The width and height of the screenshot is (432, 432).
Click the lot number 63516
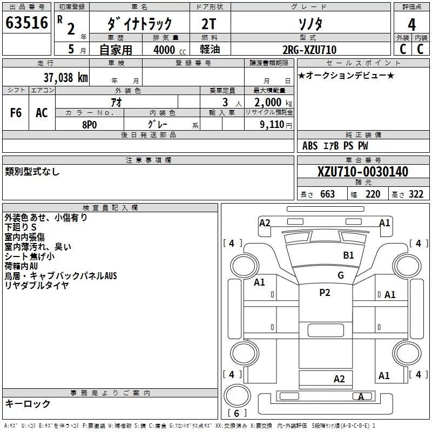click(x=26, y=23)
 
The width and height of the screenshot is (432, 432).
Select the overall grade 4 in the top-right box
click(x=411, y=25)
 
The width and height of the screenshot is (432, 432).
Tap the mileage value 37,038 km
click(x=66, y=78)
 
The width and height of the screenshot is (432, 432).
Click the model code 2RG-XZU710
click(x=309, y=50)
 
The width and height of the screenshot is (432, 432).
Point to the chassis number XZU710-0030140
click(x=363, y=172)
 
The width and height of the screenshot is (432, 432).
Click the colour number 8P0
click(x=90, y=125)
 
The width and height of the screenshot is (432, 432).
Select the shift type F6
click(x=16, y=113)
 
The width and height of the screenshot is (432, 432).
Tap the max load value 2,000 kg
click(x=273, y=103)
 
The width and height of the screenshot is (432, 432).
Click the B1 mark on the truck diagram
click(x=348, y=255)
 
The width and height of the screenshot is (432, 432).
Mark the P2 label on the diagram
click(x=325, y=293)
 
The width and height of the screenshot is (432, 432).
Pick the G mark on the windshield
click(x=341, y=275)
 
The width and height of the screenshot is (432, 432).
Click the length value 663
click(x=327, y=194)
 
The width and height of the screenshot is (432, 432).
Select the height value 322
click(x=416, y=194)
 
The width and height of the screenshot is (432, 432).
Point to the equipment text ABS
click(x=310, y=146)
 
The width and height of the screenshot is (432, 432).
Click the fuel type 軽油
click(x=210, y=49)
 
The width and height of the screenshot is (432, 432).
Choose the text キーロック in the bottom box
click(x=28, y=404)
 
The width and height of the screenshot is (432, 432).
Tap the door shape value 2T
click(x=209, y=24)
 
